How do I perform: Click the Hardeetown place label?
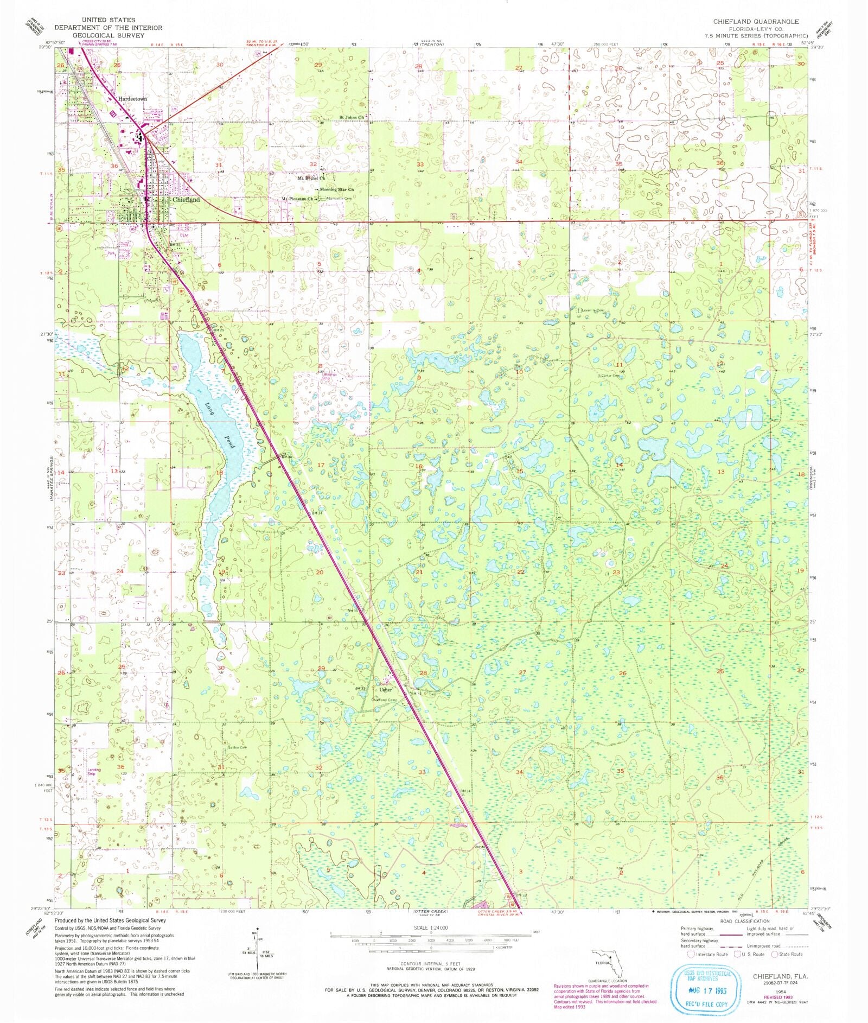133,99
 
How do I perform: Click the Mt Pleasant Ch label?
297,199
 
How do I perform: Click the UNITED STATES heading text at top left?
108,20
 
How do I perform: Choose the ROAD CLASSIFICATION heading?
744,922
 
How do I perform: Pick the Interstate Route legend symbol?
691,954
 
